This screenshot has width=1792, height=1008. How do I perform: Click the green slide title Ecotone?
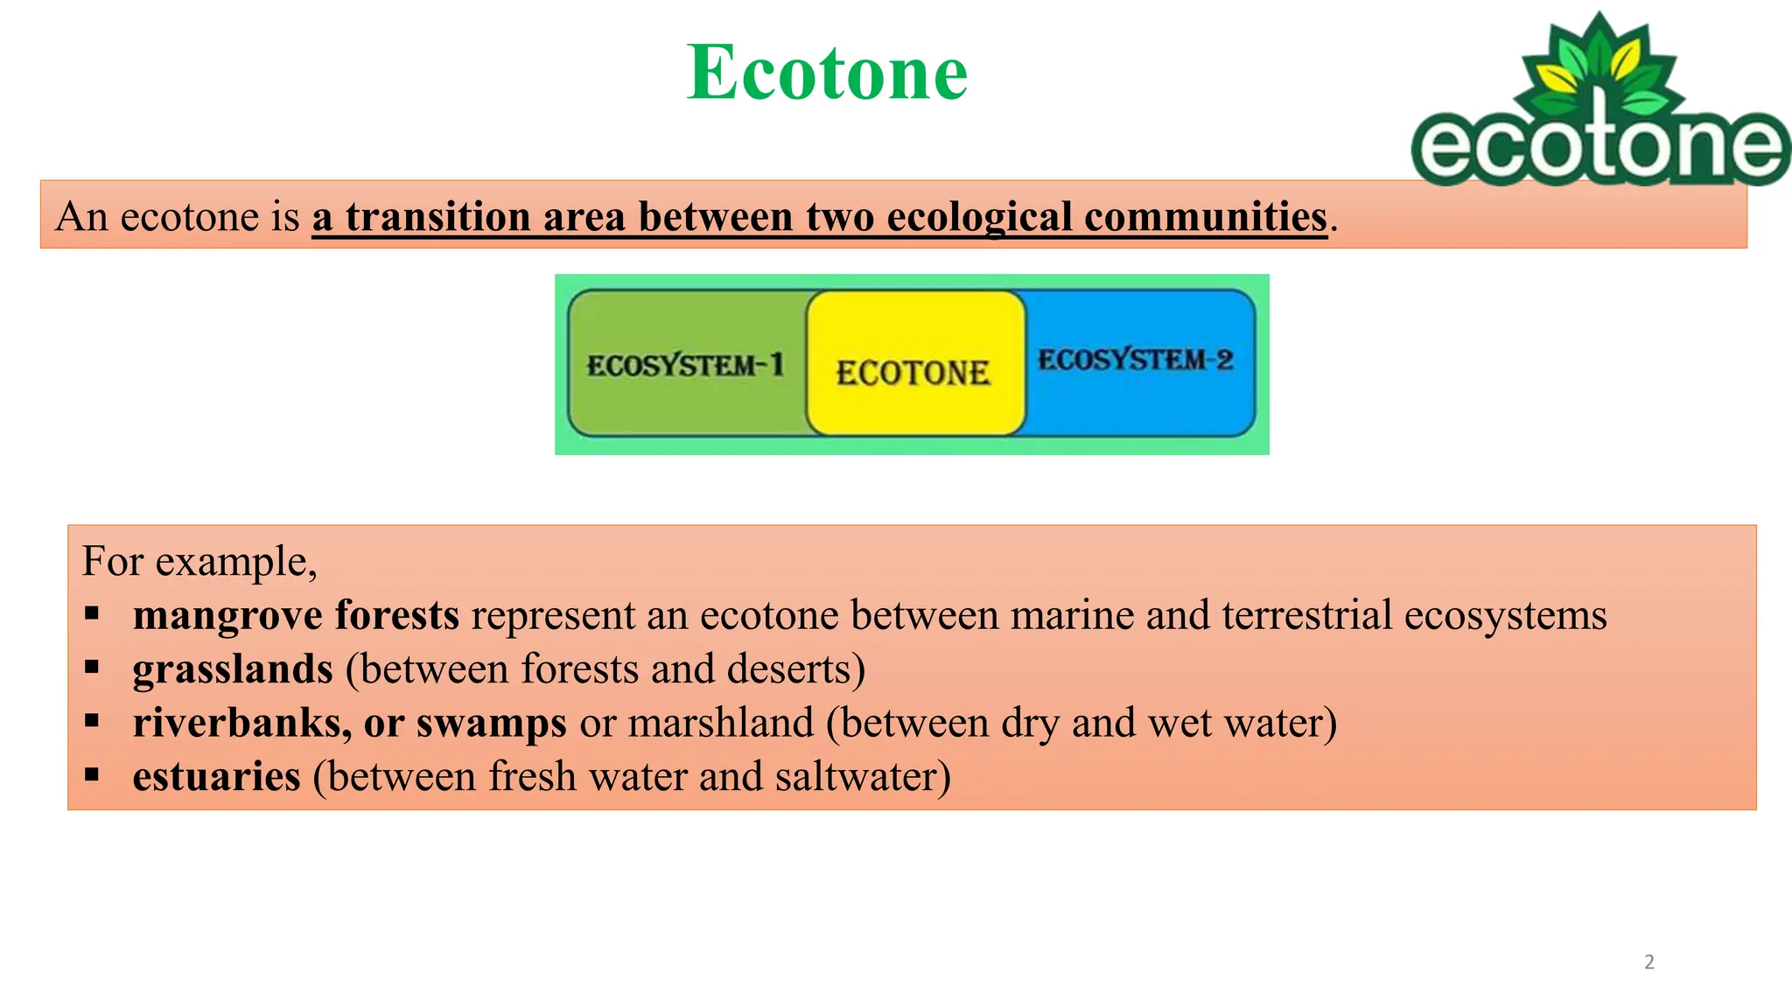click(x=827, y=73)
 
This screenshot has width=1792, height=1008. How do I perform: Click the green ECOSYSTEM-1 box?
click(x=685, y=364)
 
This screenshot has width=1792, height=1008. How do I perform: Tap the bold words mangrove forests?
click(x=296, y=615)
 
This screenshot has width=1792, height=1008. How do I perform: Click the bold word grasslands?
click(x=233, y=669)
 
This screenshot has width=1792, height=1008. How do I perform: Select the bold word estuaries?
click(x=216, y=777)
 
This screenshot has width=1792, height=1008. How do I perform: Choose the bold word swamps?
click(x=491, y=724)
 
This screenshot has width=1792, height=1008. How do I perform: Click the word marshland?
click(x=720, y=724)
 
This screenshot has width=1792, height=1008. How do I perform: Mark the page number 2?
click(x=1649, y=962)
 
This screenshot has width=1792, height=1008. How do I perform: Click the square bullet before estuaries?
click(x=92, y=774)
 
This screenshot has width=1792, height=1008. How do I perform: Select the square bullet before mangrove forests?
click(x=92, y=613)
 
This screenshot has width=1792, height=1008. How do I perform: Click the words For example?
click(x=199, y=561)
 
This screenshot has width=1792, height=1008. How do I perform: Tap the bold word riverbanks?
click(x=241, y=724)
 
